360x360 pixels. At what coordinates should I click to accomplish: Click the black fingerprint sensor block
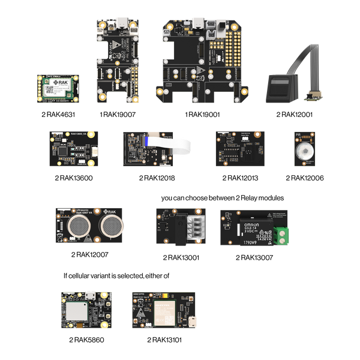279,88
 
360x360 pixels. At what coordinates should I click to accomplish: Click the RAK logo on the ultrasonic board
110,212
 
